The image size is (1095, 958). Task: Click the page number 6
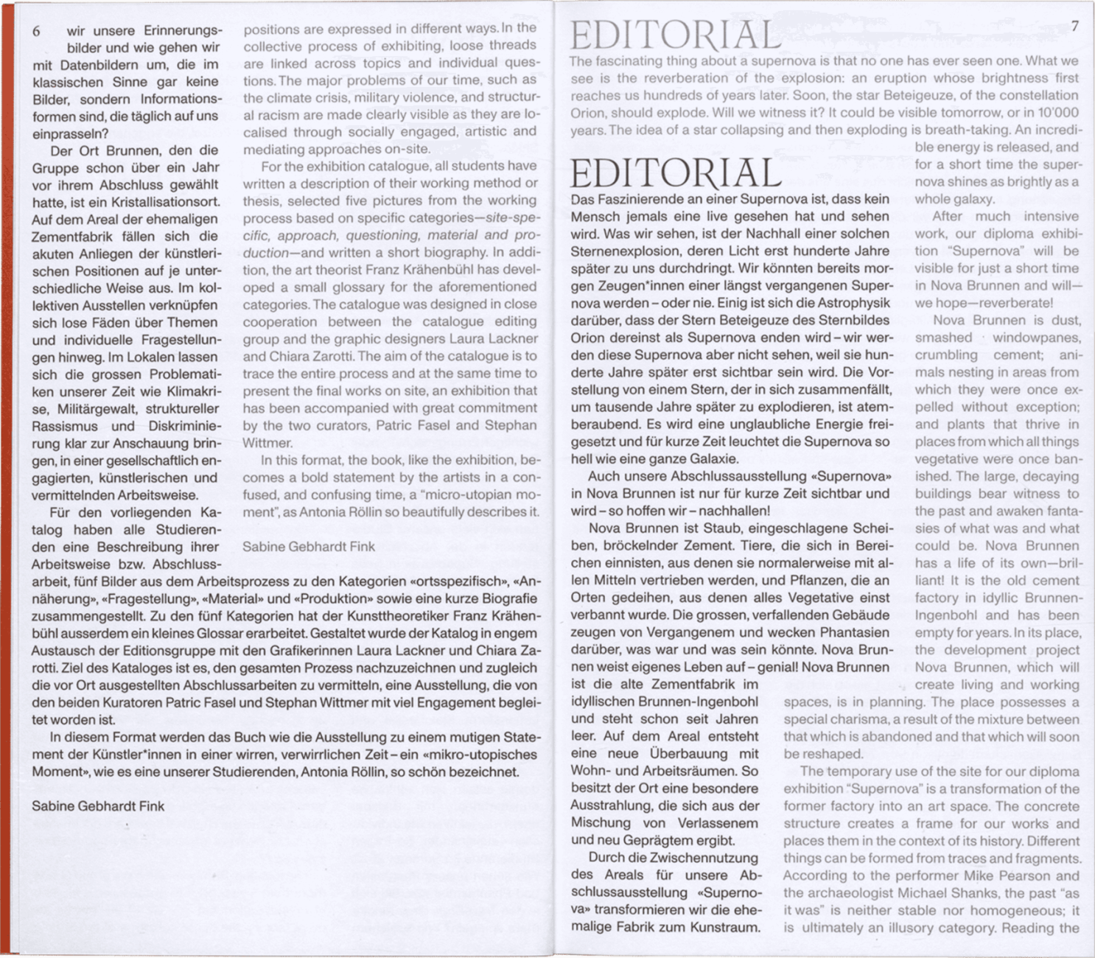[37, 32]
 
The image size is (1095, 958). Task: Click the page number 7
[1074, 27]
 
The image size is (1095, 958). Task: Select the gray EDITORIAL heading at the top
[675, 35]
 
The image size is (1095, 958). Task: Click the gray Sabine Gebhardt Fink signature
[309, 547]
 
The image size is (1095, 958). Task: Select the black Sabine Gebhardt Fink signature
[98, 806]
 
